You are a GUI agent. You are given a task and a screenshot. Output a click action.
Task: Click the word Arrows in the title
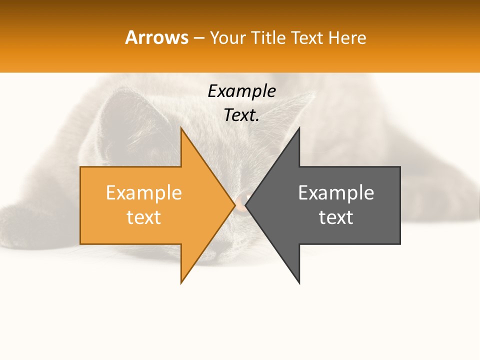pyautogui.click(x=156, y=37)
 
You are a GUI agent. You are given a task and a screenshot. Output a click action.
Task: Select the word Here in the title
pyautogui.click(x=346, y=37)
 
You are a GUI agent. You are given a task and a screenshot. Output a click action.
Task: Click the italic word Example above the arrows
pyautogui.click(x=241, y=91)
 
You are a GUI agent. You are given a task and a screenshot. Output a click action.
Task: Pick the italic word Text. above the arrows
pyautogui.click(x=241, y=115)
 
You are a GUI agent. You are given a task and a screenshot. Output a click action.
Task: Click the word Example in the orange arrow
pyautogui.click(x=143, y=192)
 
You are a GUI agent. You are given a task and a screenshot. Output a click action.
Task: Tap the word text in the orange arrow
pyautogui.click(x=143, y=217)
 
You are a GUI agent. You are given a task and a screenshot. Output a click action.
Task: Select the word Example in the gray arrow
pyautogui.click(x=336, y=192)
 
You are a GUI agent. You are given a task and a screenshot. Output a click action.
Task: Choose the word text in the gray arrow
pyautogui.click(x=336, y=217)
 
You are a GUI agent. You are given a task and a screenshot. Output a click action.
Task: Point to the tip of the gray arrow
pyautogui.click(x=246, y=205)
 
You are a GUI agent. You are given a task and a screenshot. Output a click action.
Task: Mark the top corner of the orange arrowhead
pyautogui.click(x=181, y=128)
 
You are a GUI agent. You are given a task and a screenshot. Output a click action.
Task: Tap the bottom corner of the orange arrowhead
pyautogui.click(x=181, y=282)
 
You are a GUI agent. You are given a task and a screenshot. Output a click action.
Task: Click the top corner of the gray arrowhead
pyautogui.click(x=299, y=128)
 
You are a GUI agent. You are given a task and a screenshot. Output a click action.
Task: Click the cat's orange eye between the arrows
pyautogui.click(x=240, y=202)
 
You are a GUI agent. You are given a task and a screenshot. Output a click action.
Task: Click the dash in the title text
pyautogui.click(x=198, y=38)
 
